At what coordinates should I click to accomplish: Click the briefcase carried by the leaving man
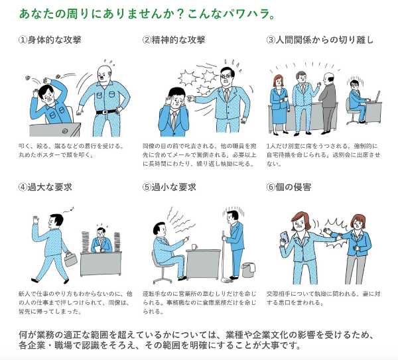[70, 259]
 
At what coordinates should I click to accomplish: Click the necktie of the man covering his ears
[174, 119]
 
